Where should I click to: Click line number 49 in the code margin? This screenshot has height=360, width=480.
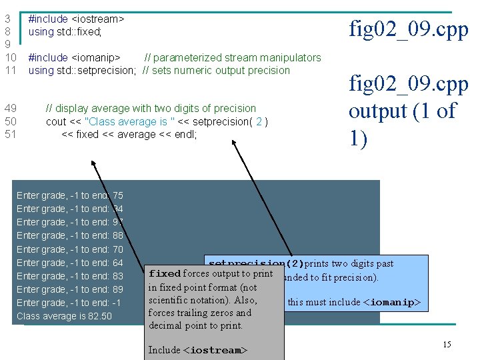10,108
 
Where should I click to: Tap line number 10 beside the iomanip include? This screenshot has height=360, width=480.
10,58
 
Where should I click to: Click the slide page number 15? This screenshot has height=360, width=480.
447,344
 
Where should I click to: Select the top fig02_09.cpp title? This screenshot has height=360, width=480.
409,29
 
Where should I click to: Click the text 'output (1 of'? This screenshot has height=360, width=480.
402,111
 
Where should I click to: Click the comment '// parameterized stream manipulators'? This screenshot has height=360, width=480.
233,58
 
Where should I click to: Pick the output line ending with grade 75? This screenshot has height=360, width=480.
69,195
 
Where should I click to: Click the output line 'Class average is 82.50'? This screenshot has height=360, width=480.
64,315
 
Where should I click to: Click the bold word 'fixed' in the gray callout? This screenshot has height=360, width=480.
165,274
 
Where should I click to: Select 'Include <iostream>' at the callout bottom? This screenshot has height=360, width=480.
198,350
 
